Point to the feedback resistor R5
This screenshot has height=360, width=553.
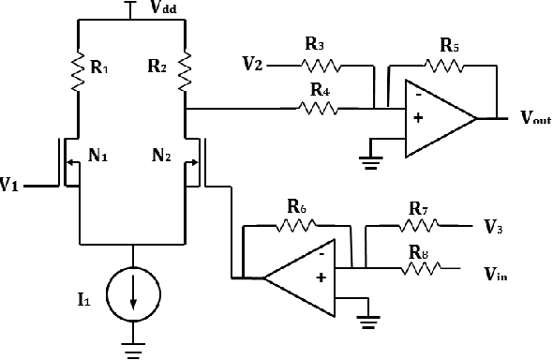(444, 66)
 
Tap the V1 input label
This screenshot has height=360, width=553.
(10, 186)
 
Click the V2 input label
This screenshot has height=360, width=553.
(251, 65)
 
